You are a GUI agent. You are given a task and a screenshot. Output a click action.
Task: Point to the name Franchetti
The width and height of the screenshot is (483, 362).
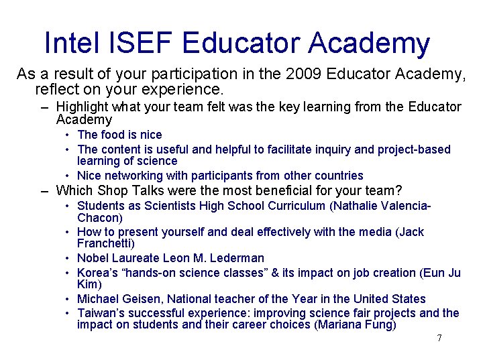tap(105, 243)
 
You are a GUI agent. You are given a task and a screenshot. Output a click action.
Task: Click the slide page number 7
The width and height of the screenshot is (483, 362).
tap(439, 338)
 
